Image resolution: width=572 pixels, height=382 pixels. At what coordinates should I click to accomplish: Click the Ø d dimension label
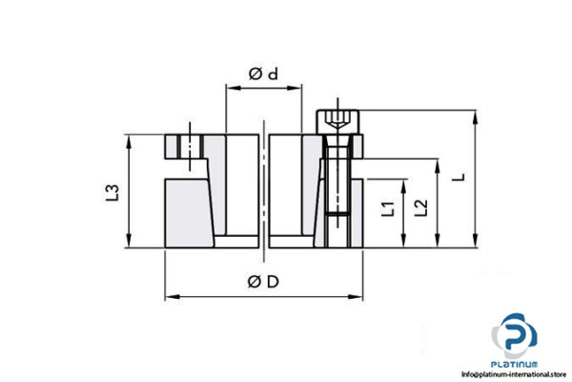[262, 74]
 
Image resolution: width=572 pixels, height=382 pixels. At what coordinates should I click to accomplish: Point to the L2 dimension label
[419, 204]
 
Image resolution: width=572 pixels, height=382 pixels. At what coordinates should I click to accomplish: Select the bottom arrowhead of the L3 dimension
[129, 244]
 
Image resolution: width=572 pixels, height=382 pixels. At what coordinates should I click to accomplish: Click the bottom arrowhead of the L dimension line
[474, 244]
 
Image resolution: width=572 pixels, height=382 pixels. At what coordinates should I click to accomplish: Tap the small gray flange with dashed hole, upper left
[182, 146]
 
